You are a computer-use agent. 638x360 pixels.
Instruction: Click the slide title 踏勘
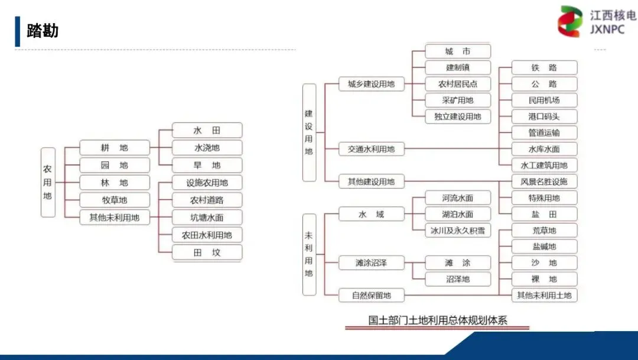click(x=43, y=31)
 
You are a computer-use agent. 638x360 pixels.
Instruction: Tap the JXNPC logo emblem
click(x=570, y=22)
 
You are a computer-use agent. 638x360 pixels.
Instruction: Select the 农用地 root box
click(x=48, y=182)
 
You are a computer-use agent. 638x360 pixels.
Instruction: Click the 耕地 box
click(x=115, y=148)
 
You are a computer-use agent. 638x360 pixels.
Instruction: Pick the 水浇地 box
click(x=207, y=148)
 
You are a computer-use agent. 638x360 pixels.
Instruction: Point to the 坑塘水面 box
click(x=207, y=218)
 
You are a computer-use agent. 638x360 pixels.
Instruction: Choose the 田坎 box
click(x=207, y=252)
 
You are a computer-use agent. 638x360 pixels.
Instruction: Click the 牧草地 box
click(x=115, y=200)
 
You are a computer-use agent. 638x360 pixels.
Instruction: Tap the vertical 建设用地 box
click(x=309, y=132)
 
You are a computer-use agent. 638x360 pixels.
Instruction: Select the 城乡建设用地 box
click(x=371, y=84)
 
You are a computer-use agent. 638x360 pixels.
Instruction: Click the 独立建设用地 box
click(x=458, y=116)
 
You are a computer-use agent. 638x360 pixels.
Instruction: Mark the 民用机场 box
click(x=544, y=100)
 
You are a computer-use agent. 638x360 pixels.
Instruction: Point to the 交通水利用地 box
click(x=371, y=149)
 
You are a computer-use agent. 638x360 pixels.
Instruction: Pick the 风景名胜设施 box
click(x=544, y=181)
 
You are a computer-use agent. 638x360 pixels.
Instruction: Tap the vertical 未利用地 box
click(x=309, y=254)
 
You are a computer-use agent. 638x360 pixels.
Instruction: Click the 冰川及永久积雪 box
click(x=458, y=231)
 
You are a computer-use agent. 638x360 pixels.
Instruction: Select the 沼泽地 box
click(x=458, y=279)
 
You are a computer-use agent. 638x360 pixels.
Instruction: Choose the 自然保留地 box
click(x=371, y=294)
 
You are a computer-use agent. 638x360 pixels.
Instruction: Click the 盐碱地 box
click(x=544, y=247)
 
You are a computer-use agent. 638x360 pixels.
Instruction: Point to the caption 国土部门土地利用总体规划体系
click(x=438, y=321)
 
